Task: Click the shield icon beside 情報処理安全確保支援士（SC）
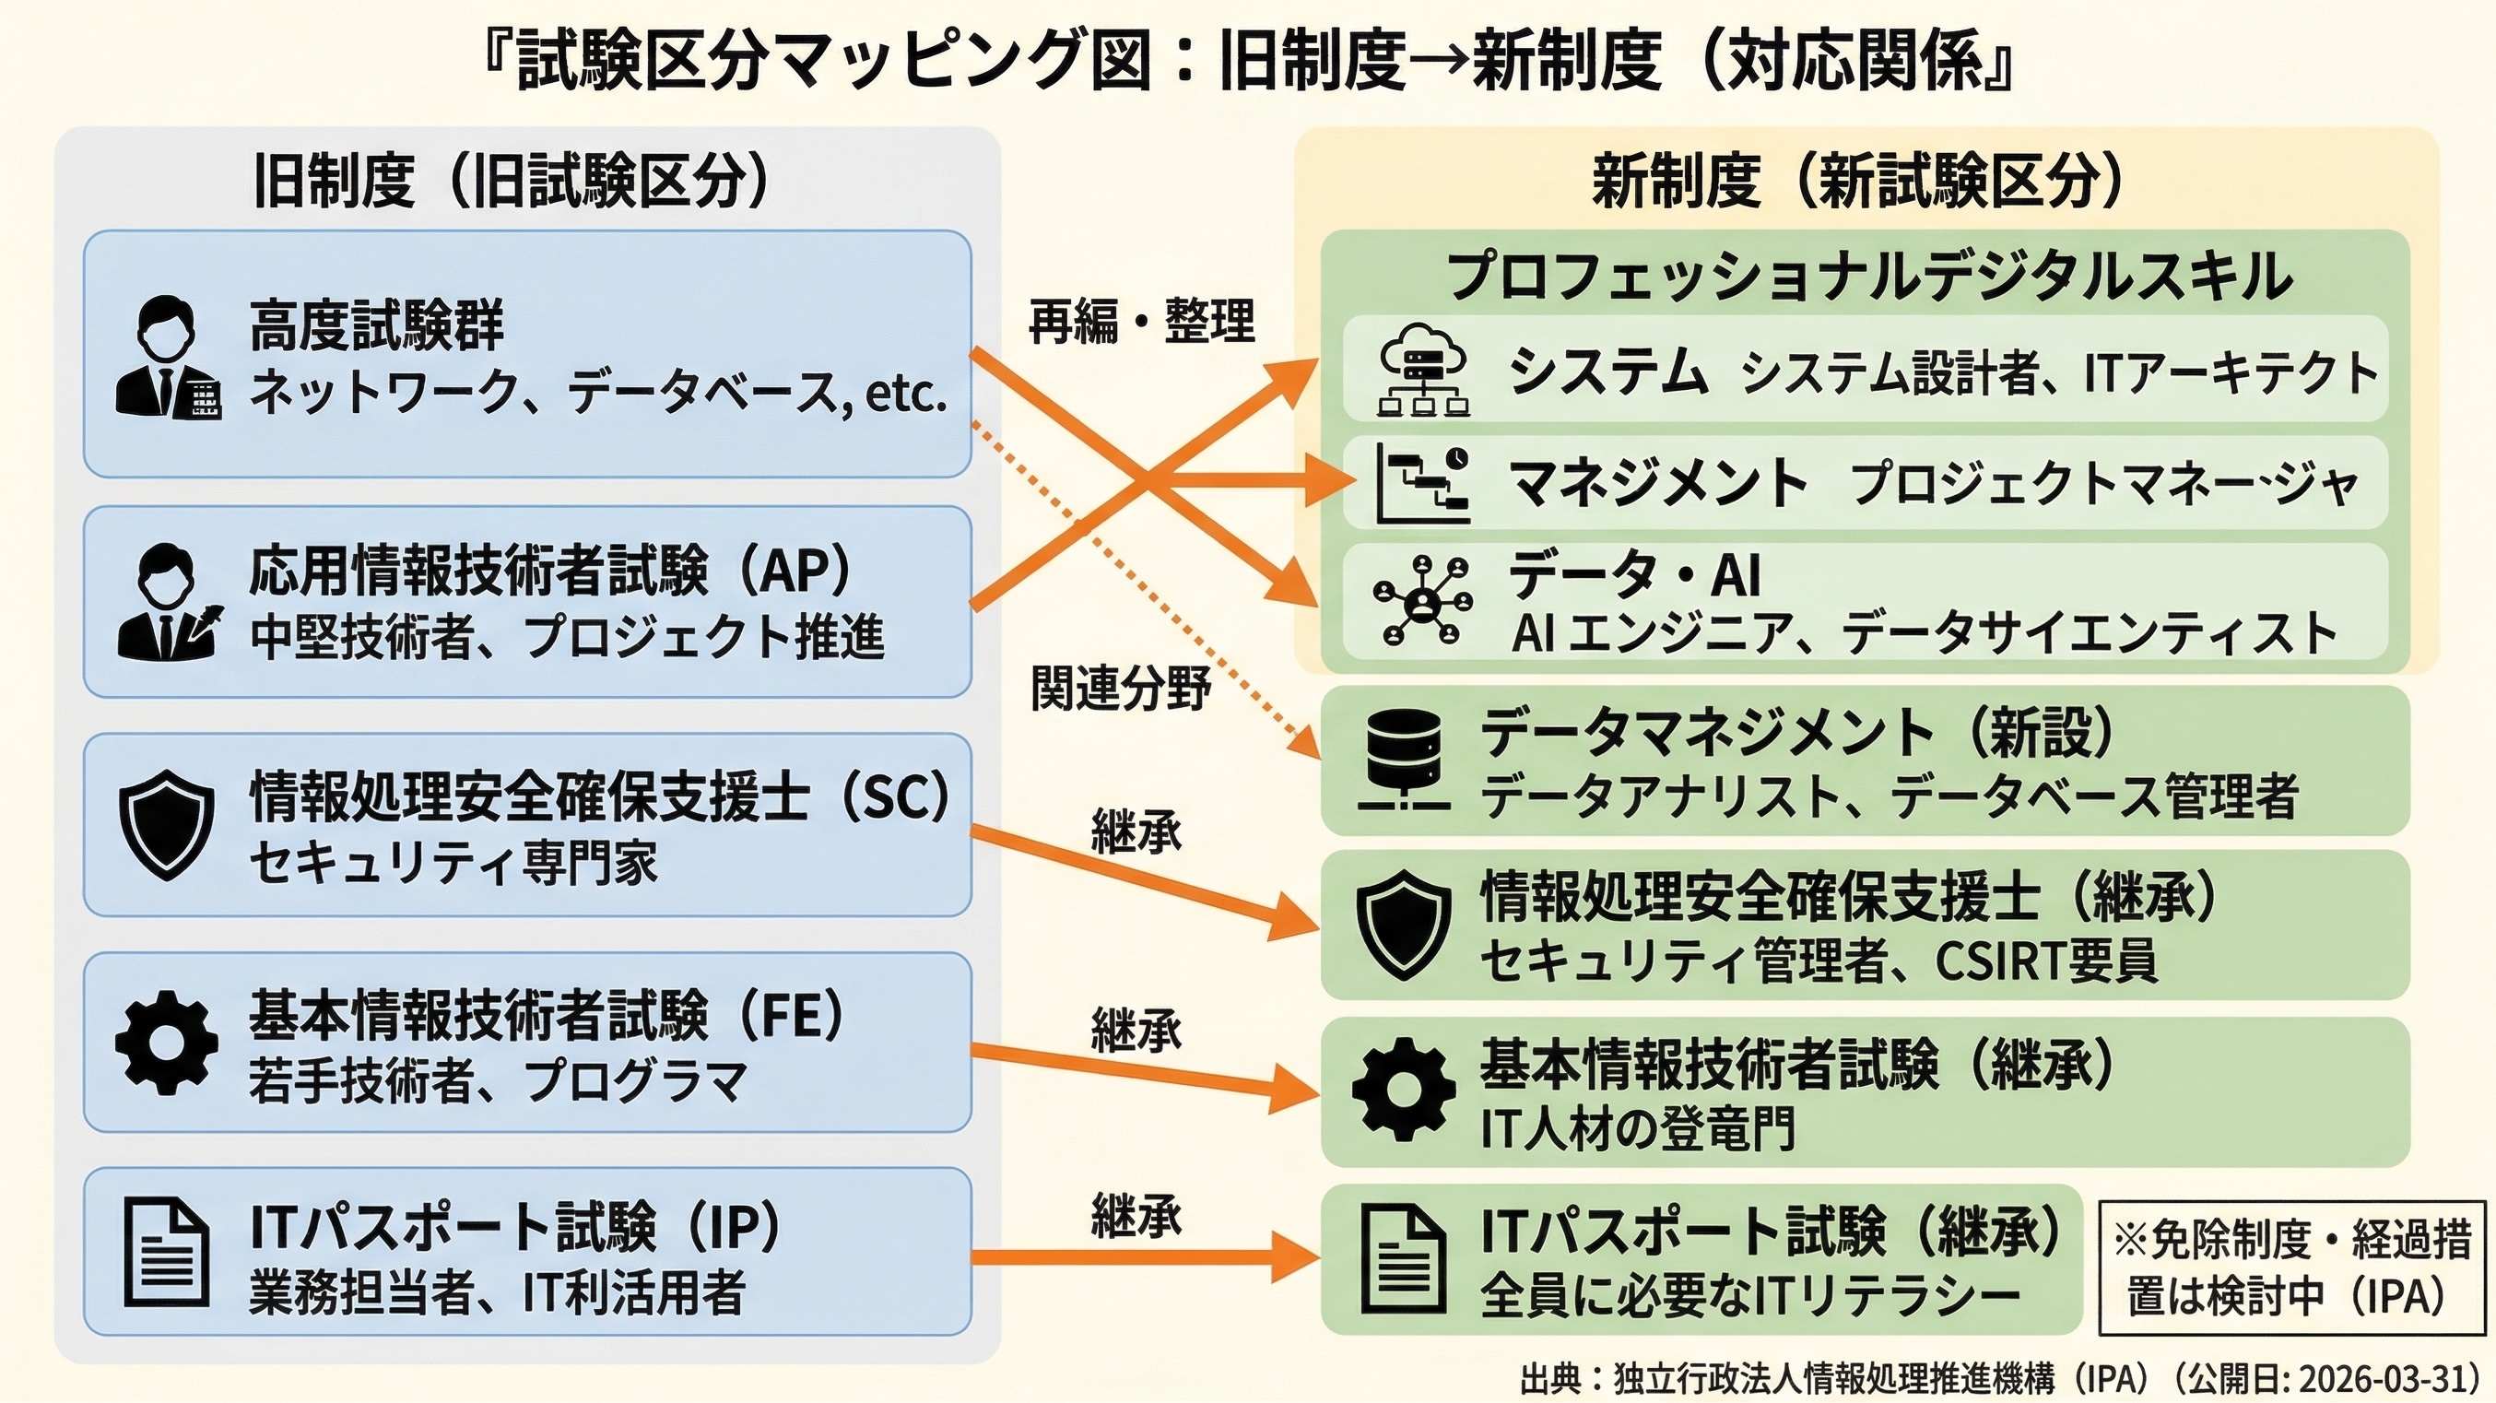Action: click(167, 824)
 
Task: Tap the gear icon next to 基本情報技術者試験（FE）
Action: click(167, 1043)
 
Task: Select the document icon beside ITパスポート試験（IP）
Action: click(167, 1252)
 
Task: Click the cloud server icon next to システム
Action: click(1421, 371)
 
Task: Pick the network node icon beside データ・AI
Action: click(1421, 601)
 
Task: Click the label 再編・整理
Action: click(1140, 321)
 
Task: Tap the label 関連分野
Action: click(1120, 689)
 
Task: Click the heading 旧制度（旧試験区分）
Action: click(512, 181)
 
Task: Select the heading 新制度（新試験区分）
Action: click(1857, 181)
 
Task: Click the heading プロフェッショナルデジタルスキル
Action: click(1869, 277)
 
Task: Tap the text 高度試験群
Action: click(377, 325)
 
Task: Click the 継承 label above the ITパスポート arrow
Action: click(1136, 1215)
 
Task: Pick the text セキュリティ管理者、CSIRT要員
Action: click(1819, 961)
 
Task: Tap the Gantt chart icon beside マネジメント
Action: click(1421, 485)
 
